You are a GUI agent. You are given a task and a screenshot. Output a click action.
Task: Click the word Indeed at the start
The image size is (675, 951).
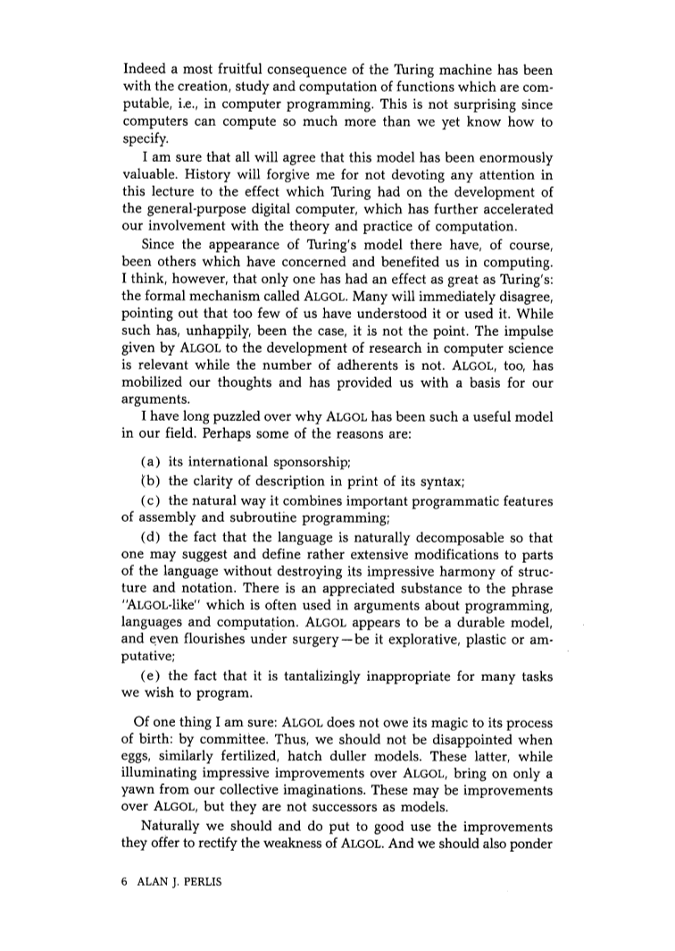click(x=145, y=72)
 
